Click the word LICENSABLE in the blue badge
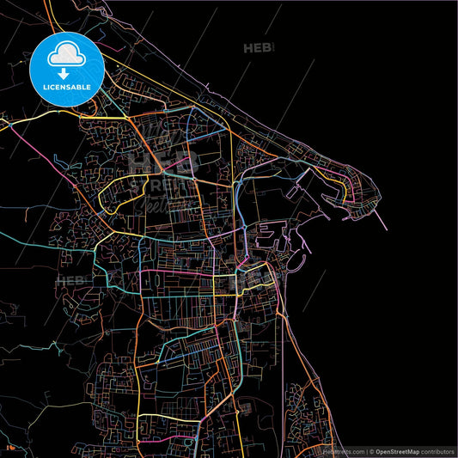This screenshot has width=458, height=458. (66, 87)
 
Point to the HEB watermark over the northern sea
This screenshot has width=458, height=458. (260, 48)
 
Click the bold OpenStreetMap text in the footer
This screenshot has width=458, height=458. (401, 451)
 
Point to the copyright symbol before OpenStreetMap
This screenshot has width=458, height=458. (370, 451)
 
